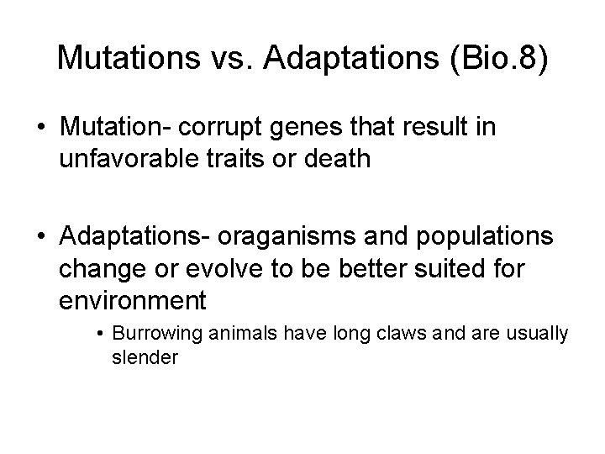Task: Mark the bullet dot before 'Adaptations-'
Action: (x=40, y=238)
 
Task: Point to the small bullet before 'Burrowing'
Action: (x=99, y=334)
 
